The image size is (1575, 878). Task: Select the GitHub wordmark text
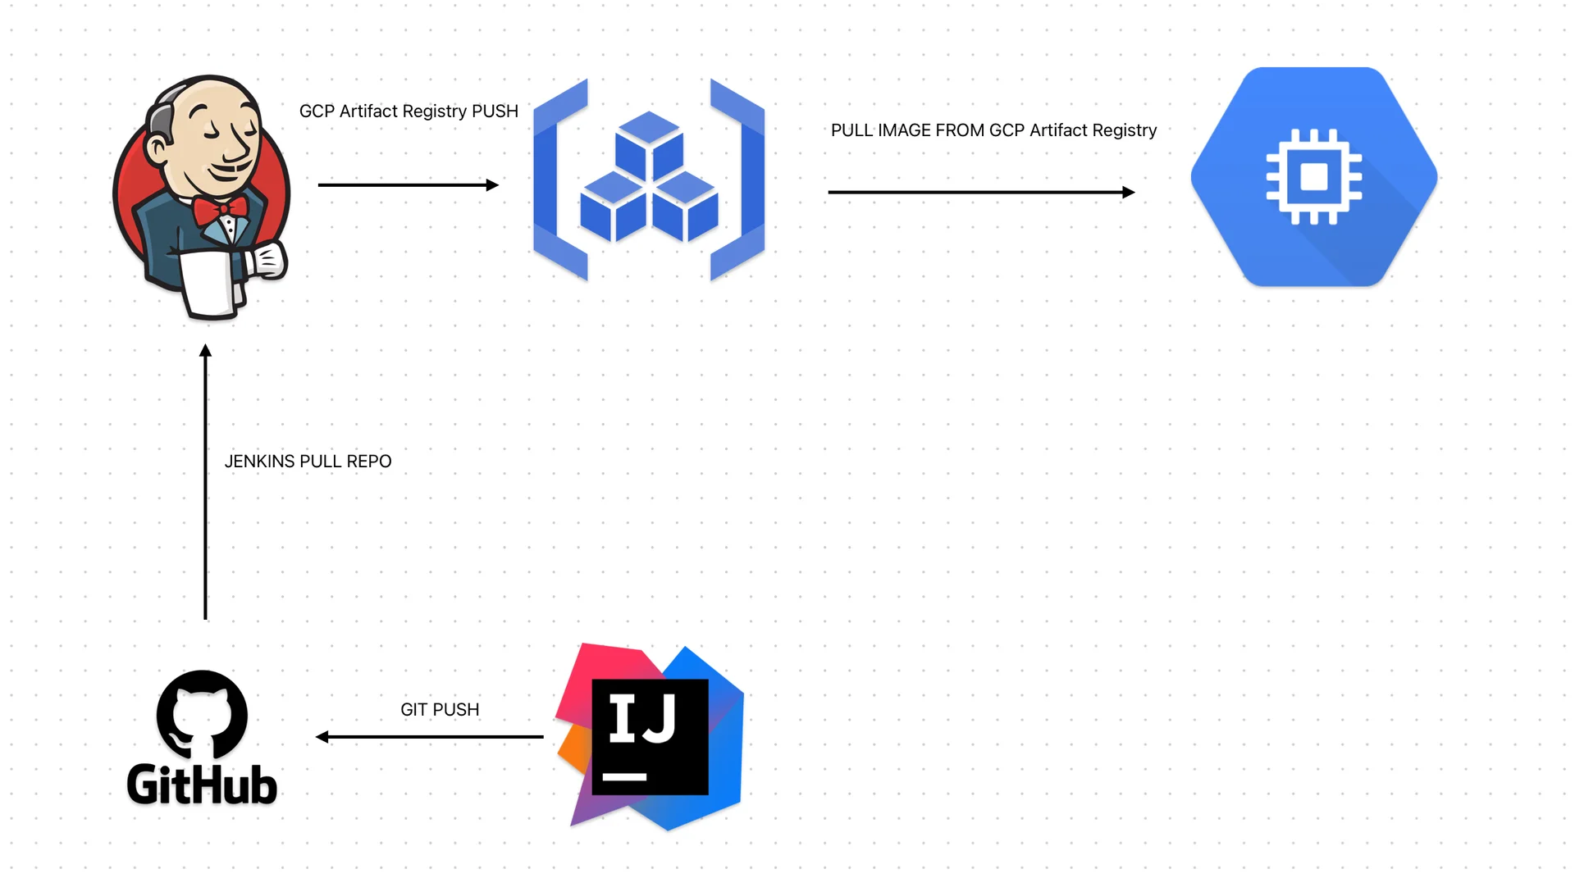[202, 785]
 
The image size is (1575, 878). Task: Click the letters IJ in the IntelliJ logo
[642, 718]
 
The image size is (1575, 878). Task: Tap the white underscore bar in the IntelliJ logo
[624, 776]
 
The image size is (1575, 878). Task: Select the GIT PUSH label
[440, 710]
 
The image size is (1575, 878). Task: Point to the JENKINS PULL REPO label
[308, 462]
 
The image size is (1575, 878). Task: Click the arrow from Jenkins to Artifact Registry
[408, 185]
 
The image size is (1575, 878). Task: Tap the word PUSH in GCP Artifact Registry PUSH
[495, 111]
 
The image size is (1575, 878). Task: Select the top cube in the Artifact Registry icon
[649, 143]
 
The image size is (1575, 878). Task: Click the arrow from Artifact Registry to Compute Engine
[981, 193]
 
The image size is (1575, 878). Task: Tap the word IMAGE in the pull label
[906, 130]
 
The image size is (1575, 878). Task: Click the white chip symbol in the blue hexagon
[1314, 176]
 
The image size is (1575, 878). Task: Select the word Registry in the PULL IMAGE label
[1125, 130]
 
